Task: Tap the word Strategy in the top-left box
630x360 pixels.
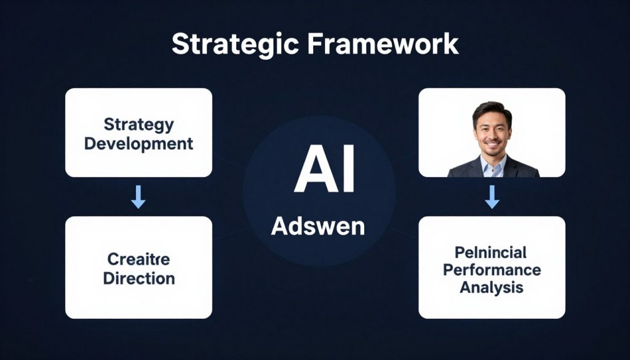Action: click(x=138, y=124)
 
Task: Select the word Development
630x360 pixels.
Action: click(x=138, y=144)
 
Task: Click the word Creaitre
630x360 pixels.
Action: click(x=138, y=258)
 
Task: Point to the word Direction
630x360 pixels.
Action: click(x=138, y=278)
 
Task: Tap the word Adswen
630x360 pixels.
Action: click(x=318, y=226)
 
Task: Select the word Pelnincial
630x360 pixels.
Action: click(x=491, y=252)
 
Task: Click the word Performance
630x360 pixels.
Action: click(x=492, y=270)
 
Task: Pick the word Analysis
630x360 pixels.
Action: click(x=491, y=287)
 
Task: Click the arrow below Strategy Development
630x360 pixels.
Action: click(x=138, y=196)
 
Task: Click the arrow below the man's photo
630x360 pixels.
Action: click(x=492, y=196)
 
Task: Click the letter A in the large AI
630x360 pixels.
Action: click(x=311, y=172)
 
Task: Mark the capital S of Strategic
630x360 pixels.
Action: click(x=179, y=46)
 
